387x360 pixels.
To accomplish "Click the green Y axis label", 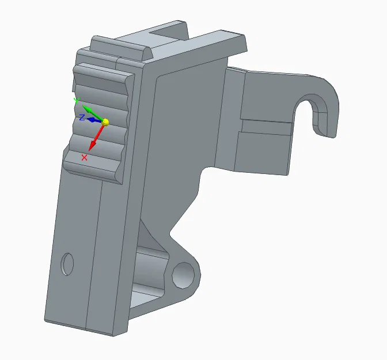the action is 77,100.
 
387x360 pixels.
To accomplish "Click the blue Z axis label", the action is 82,118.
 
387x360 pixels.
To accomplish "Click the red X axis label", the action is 85,157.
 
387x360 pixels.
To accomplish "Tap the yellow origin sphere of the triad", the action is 105,122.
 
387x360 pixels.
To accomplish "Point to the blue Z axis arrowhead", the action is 91,120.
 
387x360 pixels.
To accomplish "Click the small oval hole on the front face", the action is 67,264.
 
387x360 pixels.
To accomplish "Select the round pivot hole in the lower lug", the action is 183,275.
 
